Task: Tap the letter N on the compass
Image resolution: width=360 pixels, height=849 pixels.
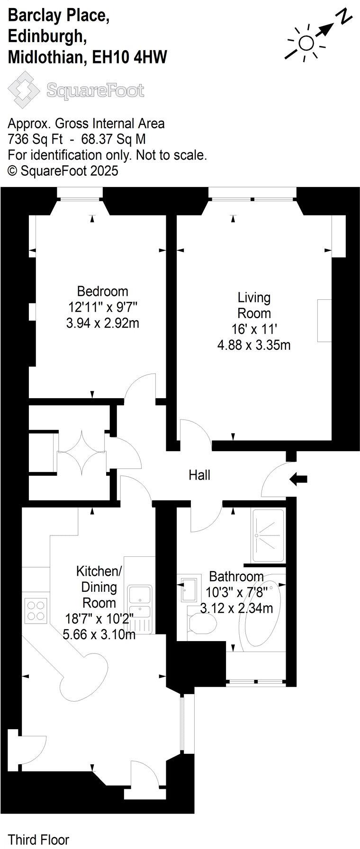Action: click(345, 18)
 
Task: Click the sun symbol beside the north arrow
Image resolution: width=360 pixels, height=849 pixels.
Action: click(306, 43)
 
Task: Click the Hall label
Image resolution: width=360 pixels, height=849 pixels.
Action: click(199, 475)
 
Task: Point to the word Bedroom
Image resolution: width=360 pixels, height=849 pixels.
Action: click(103, 291)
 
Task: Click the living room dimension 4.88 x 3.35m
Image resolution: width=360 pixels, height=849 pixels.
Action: click(254, 345)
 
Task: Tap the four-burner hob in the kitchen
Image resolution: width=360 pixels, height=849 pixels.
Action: click(36, 610)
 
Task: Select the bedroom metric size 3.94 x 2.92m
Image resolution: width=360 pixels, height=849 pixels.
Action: click(103, 323)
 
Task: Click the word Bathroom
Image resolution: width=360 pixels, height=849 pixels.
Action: click(236, 576)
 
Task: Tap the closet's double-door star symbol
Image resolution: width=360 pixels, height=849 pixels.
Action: click(81, 453)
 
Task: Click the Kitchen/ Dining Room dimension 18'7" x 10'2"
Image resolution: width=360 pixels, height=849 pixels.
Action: click(99, 618)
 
